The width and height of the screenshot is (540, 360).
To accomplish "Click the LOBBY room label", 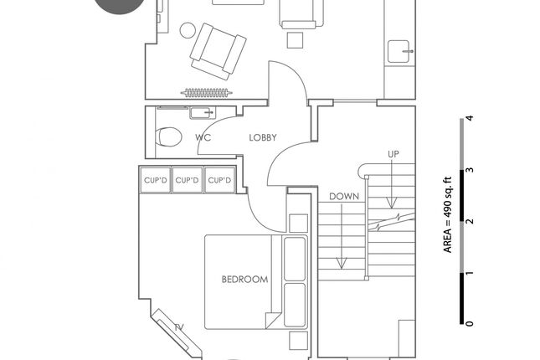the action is [263, 137].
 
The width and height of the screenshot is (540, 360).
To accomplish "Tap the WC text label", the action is [203, 137].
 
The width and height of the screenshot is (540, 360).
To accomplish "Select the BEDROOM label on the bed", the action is [244, 279].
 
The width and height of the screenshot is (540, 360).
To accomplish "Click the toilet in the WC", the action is [168, 136].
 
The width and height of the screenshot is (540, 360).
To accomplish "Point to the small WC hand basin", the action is [203, 113].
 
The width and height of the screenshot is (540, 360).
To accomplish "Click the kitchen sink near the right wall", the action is [399, 52].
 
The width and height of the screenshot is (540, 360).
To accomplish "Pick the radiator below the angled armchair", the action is [207, 93].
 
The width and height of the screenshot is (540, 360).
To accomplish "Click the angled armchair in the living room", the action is [218, 51].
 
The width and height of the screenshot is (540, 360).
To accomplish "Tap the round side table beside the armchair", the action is [188, 30].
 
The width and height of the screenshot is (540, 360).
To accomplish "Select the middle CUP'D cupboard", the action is [187, 180].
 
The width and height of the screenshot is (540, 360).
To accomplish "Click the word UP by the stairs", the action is [393, 154].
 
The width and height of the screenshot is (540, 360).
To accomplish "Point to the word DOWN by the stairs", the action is [344, 197].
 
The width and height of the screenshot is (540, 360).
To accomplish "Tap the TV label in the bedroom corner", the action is [179, 327].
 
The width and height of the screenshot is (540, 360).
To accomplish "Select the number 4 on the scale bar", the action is [469, 118].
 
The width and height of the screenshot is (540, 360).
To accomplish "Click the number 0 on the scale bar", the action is [469, 323].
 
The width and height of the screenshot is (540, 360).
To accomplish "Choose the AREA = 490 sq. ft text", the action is [447, 215].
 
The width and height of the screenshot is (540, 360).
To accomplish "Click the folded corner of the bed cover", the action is [273, 321].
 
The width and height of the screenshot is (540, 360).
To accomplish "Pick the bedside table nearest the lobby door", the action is [298, 224].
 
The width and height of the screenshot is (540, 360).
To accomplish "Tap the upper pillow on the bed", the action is [295, 259].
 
